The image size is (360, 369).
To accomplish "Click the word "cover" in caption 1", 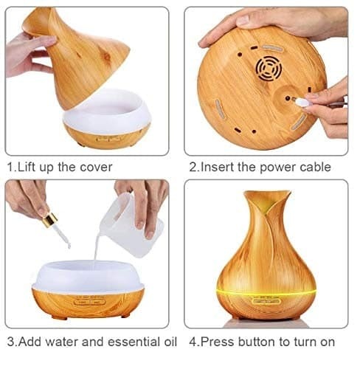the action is point(96,168).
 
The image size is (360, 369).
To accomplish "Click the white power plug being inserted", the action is point(302,102).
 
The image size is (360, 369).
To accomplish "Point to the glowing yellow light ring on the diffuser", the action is point(266,293).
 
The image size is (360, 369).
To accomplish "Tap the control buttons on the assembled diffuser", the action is point(266,301).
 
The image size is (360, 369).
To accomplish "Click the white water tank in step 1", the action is point(106,111).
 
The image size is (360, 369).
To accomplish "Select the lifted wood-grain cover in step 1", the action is point(76,57).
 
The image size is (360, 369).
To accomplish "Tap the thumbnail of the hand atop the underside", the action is point(243,21).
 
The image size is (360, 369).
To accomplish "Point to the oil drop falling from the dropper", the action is point(69,245).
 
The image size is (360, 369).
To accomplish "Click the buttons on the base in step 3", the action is point(89,302).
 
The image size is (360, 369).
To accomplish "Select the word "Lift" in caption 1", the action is point(27,168).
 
